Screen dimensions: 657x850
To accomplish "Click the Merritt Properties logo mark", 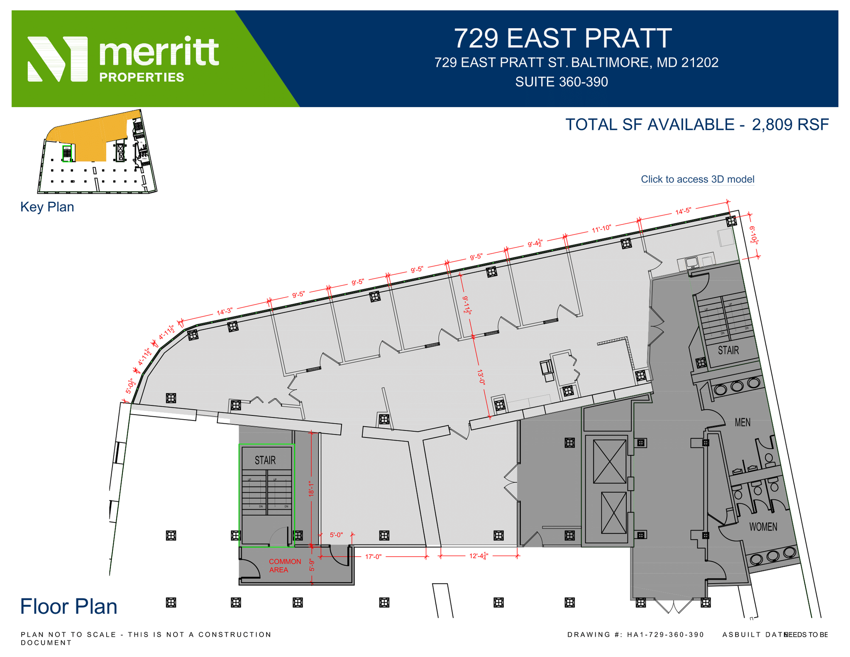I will click(x=58, y=59).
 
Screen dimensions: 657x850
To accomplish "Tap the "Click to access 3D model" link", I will click(x=697, y=179).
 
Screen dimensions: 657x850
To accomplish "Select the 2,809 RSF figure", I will click(x=790, y=125).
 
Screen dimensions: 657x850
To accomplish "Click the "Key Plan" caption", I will click(x=47, y=207).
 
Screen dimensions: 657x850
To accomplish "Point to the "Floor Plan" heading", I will click(x=68, y=606).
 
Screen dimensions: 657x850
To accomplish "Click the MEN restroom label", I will click(x=743, y=423).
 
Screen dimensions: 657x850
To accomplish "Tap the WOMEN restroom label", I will click(x=763, y=527).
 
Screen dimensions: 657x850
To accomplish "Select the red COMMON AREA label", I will click(x=285, y=566).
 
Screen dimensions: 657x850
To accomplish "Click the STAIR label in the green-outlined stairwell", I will click(x=265, y=460).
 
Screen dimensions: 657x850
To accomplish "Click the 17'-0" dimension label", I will click(x=373, y=557).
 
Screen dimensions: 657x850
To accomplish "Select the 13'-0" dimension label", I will click(x=481, y=377).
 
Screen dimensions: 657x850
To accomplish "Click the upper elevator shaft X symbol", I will click(x=609, y=462).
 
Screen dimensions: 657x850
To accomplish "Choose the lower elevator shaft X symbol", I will click(x=613, y=513).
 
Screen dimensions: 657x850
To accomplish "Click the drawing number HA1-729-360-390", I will click(x=665, y=635).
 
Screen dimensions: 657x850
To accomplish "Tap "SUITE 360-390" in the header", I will click(x=562, y=82).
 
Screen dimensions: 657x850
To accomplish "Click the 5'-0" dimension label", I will click(x=336, y=535).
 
